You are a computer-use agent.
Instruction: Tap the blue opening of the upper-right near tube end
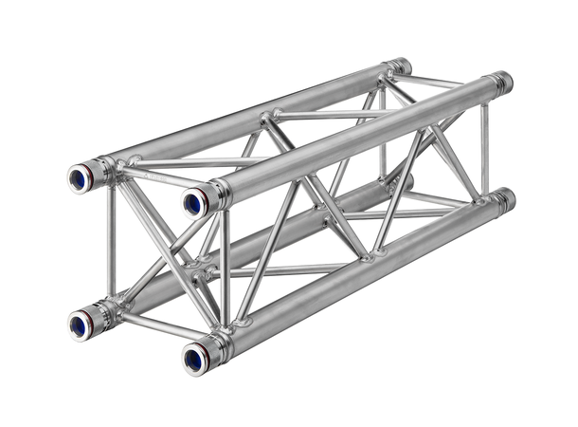tap(193, 202)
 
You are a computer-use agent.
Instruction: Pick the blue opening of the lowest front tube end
tap(194, 359)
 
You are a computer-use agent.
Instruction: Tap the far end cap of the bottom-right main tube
tap(505, 199)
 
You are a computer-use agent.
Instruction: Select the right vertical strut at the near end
tap(225, 270)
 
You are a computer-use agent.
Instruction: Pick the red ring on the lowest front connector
tap(209, 355)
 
